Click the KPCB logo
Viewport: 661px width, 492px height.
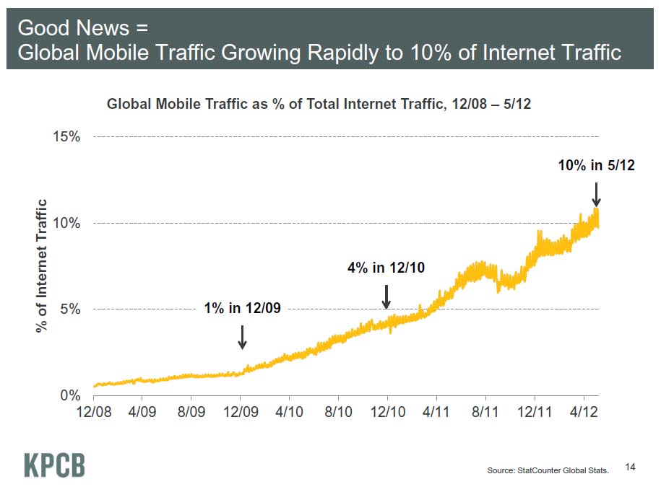click(x=54, y=465)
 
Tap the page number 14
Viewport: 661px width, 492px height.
click(x=630, y=468)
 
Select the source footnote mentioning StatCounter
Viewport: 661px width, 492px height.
click(x=548, y=470)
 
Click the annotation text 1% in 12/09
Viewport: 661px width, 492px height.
click(x=242, y=309)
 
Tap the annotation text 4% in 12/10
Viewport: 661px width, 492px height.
click(x=386, y=268)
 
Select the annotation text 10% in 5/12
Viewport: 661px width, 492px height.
click(x=596, y=166)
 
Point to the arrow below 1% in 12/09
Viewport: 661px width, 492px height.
click(x=242, y=336)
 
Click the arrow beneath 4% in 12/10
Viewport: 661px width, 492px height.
click(x=386, y=296)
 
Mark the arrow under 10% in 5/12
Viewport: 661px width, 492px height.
click(x=596, y=194)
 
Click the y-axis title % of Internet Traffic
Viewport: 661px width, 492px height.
click(x=42, y=265)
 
